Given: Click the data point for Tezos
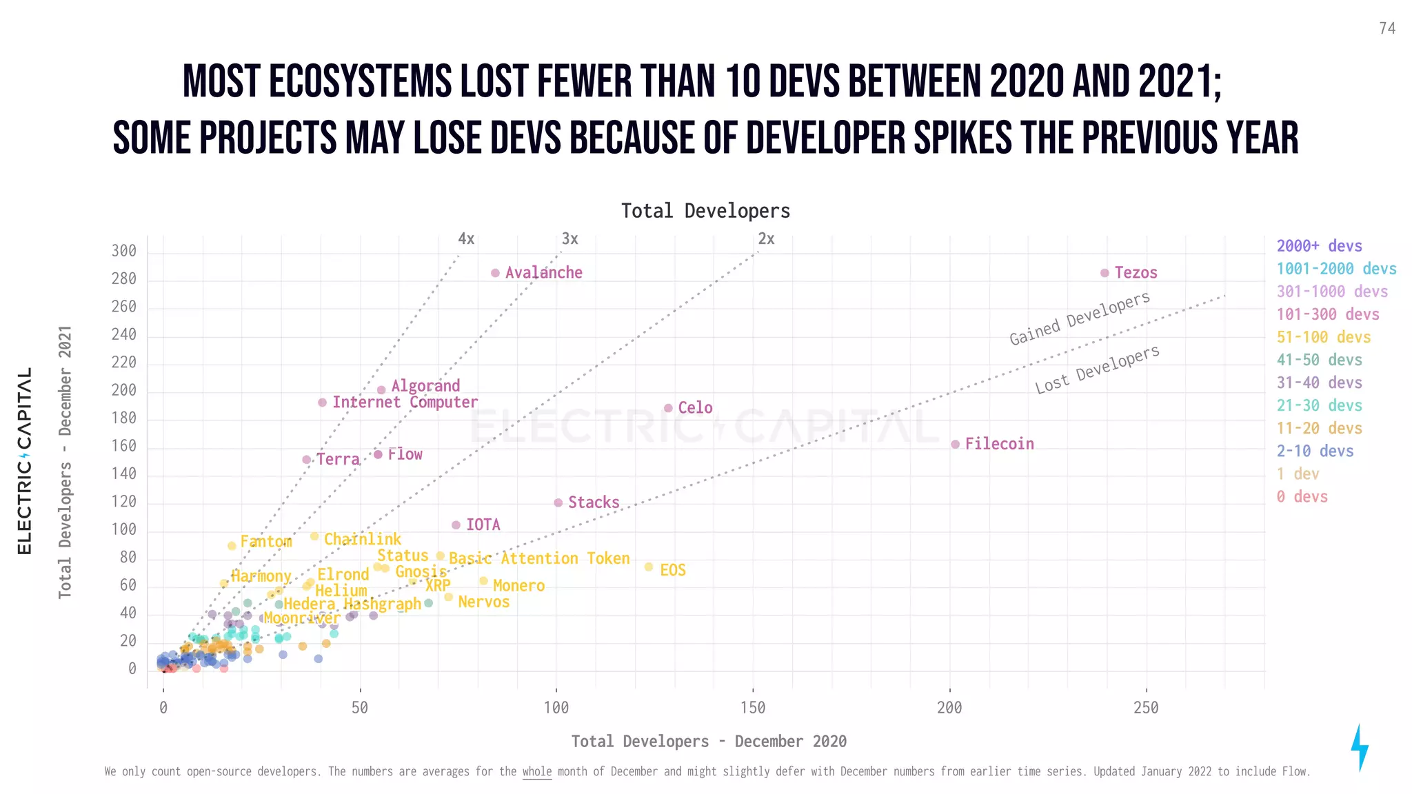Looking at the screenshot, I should (1105, 273).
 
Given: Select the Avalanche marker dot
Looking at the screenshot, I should (495, 273).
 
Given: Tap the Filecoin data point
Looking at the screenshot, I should (955, 445).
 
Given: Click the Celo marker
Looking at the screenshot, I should (668, 408).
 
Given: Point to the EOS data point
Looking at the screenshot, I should (648, 567).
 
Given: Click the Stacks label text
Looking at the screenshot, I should (594, 502).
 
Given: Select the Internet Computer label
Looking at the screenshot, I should (405, 403).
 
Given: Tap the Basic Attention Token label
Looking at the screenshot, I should (539, 558).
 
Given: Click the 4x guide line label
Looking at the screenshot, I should (466, 239).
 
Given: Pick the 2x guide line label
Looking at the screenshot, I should (766, 239).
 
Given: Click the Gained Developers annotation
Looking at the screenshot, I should (1079, 318).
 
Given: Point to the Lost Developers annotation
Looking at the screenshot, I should (1097, 369).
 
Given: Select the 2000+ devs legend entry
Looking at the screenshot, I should (1319, 246).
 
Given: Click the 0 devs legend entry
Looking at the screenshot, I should (1302, 497).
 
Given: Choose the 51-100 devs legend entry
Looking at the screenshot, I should (1323, 337).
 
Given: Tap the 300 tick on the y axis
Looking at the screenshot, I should (124, 251).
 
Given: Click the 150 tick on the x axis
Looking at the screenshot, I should (753, 708).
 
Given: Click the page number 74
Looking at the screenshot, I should (1387, 28).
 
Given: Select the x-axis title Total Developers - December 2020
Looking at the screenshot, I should (709, 742).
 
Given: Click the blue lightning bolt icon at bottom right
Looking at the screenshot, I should (1359, 747).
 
